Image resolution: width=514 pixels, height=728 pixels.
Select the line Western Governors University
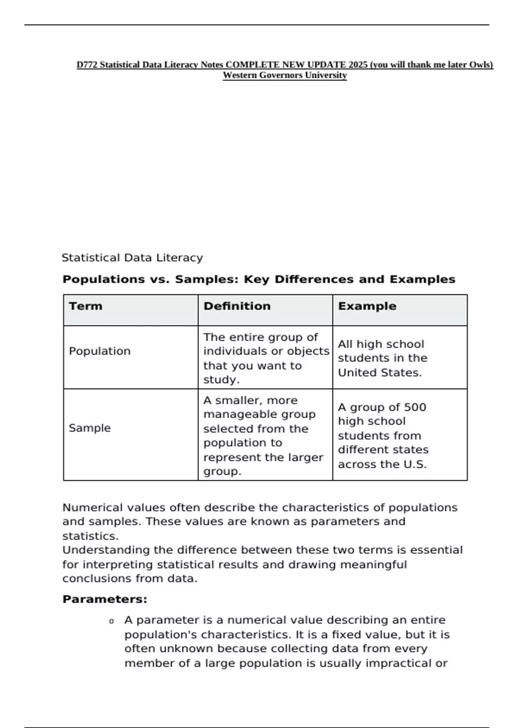284,75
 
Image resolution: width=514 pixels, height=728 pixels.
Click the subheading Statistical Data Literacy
132,258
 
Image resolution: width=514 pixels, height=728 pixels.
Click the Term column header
86,306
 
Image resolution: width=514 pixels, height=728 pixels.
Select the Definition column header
237,306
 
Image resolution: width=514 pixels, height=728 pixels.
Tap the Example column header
367,306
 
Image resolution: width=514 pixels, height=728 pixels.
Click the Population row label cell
100,351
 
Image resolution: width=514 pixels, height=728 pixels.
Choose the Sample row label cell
90,428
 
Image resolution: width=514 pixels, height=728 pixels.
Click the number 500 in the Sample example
415,407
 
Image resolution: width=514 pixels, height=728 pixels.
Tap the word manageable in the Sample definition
259,415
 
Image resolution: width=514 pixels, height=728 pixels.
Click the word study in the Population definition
220,380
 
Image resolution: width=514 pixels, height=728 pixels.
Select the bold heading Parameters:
105,599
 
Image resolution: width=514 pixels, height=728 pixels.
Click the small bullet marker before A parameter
111,621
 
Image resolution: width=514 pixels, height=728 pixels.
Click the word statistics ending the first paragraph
90,536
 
